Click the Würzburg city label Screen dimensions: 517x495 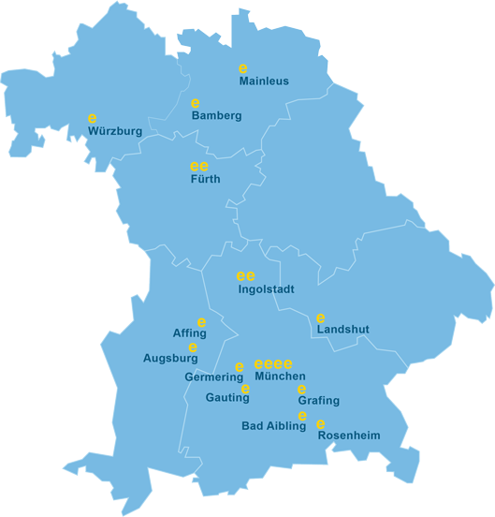coord(115,132)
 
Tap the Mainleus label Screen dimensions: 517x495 coord(264,81)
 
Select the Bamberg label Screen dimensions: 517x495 coord(216,116)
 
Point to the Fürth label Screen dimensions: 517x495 coord(205,179)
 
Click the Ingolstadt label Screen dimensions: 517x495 coord(266,289)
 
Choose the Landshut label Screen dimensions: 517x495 coord(343,330)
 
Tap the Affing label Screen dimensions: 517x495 coord(190,333)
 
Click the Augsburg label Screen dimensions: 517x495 coord(170,358)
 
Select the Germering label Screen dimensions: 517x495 coord(214,377)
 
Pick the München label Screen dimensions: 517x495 coord(280,377)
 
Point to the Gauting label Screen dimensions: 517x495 coord(227,398)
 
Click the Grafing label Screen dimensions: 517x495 coord(319,401)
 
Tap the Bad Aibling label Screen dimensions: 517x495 coord(273,426)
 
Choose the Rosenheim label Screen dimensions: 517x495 coord(349,436)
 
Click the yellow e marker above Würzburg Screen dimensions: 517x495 coord(92,119)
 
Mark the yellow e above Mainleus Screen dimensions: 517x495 coord(242,68)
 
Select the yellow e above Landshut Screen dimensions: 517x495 coord(321,318)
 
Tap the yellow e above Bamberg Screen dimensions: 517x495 coord(196,103)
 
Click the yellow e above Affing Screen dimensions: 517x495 coord(201,322)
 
